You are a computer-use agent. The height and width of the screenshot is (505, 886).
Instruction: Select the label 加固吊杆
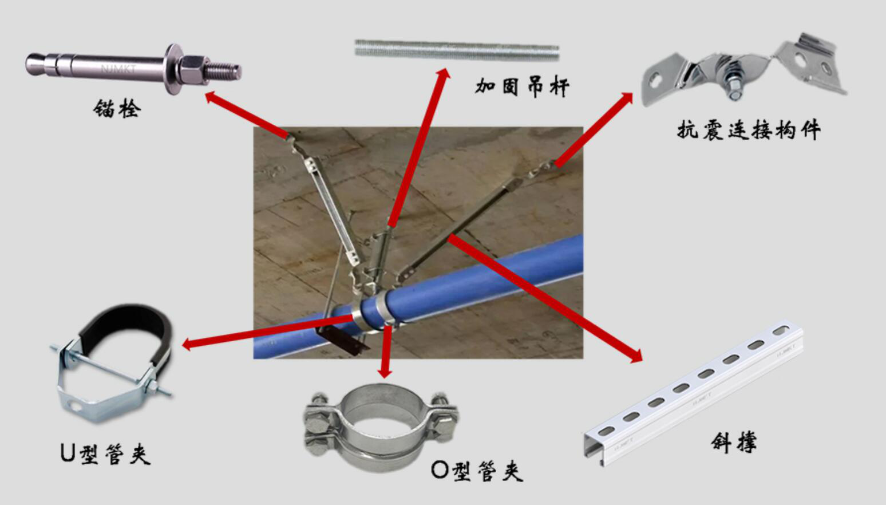[522, 87]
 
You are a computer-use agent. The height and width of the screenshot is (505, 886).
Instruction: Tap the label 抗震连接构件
[749, 130]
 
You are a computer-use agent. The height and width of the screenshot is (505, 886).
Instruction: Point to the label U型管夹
[105, 453]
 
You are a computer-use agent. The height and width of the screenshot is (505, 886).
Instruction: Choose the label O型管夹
[477, 470]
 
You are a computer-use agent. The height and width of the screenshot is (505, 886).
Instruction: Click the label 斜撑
[734, 441]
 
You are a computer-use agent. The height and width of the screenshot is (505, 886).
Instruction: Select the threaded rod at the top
[456, 50]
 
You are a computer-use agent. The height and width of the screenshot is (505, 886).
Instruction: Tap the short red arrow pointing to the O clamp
[387, 352]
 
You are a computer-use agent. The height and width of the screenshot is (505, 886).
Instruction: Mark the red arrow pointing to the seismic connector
[595, 129]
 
